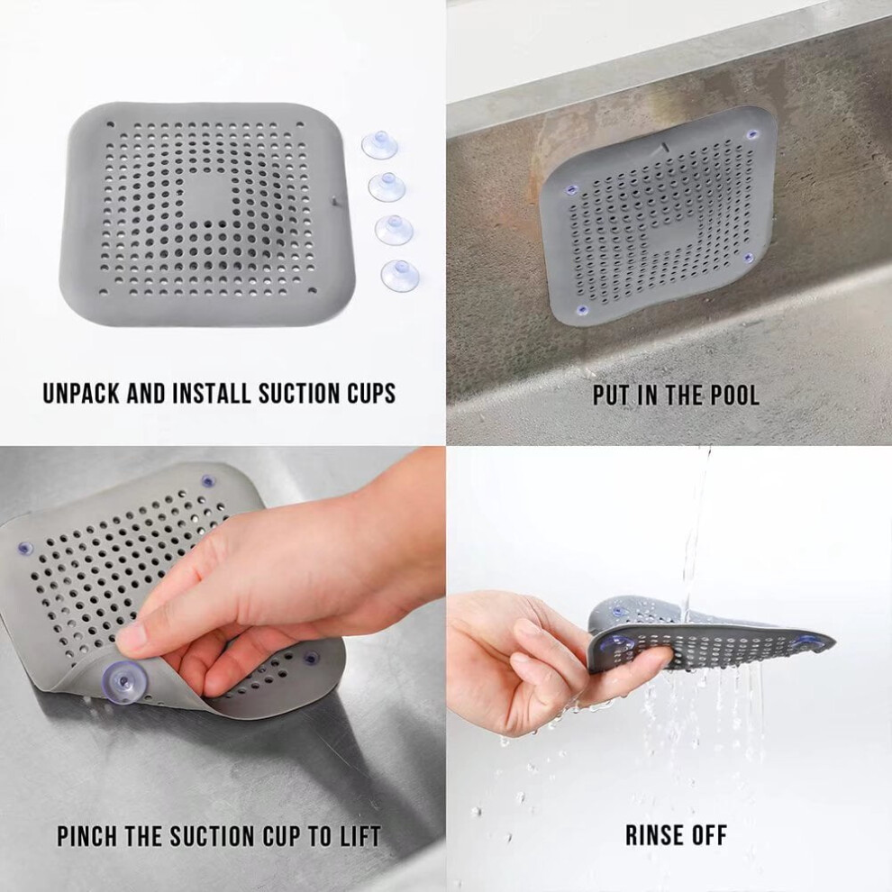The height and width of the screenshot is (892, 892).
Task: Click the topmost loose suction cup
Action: (x=379, y=145)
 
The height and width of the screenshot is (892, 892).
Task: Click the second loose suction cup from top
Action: (x=387, y=187)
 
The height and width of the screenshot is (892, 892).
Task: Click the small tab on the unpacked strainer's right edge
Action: (x=334, y=200)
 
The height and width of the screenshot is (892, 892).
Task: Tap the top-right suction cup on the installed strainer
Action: (x=752, y=135)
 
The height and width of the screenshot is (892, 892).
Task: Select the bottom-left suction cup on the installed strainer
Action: (x=581, y=309)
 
